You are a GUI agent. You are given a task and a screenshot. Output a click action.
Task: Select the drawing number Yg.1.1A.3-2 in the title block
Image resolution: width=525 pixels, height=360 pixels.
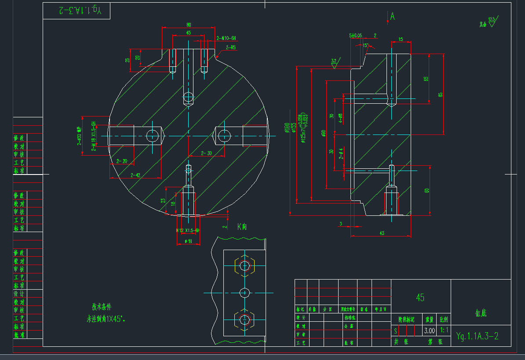click(x=477, y=336)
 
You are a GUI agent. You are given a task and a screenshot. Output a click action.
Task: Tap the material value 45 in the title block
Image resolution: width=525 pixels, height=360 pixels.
click(x=420, y=298)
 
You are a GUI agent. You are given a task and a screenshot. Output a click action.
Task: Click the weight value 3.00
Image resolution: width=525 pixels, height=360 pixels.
click(x=429, y=331)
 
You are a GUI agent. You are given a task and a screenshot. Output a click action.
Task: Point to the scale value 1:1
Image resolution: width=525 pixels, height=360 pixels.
click(x=444, y=331)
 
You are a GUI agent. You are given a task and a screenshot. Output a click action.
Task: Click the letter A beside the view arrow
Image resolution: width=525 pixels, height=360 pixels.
click(x=392, y=17)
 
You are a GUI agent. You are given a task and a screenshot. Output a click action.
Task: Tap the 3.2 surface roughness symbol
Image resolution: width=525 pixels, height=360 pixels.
click(x=334, y=63)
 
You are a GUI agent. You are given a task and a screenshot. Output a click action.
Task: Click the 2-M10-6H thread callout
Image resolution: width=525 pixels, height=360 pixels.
click(x=226, y=38)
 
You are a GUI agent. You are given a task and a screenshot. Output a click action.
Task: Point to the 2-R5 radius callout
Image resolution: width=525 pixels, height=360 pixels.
click(x=230, y=47)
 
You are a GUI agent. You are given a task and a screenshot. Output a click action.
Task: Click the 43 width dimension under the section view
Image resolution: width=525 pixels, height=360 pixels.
click(x=381, y=233)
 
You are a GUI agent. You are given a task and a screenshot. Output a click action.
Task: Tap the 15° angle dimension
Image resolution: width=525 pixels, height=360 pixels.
click(x=365, y=45)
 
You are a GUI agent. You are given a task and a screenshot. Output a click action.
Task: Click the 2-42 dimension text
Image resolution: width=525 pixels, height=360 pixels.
click(x=135, y=175)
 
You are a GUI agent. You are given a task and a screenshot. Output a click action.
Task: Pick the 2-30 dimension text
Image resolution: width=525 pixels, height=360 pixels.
click(x=206, y=153)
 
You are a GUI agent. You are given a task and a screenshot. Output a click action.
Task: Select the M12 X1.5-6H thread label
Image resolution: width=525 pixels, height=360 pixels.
click(x=188, y=230)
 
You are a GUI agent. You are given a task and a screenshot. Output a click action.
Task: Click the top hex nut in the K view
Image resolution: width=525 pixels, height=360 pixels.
click(x=244, y=266)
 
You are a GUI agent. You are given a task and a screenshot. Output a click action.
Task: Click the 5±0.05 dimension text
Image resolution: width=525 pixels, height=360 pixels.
click(x=355, y=35)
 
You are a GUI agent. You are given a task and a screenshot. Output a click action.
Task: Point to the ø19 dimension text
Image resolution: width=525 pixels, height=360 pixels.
click(x=188, y=241)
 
